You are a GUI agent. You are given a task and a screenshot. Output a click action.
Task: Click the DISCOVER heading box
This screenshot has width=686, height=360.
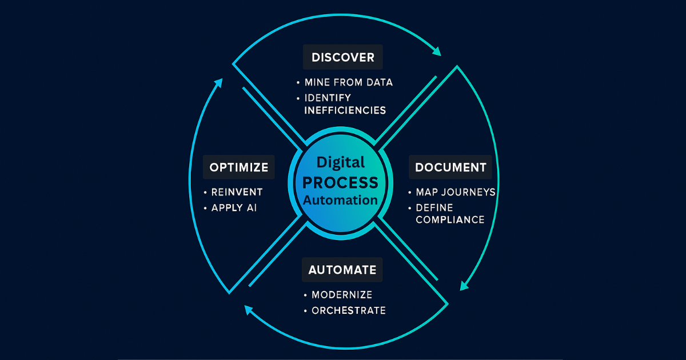342,57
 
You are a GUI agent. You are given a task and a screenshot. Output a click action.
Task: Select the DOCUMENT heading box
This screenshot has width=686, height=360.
450,167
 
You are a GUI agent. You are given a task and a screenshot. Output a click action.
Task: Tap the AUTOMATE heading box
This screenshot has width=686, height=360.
342,270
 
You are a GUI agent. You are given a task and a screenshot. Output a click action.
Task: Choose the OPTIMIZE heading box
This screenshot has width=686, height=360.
238,167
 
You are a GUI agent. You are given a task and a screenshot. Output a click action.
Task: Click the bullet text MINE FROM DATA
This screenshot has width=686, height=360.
348,82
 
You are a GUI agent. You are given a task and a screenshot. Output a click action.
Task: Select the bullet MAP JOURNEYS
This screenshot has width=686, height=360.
455,192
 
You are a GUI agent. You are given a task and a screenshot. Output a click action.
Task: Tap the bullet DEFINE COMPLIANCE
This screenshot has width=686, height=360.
450,213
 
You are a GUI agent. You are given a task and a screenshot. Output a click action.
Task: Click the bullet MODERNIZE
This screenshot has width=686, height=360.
341,295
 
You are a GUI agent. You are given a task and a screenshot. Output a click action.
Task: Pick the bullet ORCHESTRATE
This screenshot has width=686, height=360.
348,311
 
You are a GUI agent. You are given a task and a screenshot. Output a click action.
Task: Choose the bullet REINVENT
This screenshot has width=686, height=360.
237,192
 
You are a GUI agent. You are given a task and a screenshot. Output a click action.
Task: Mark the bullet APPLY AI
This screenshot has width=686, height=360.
234,208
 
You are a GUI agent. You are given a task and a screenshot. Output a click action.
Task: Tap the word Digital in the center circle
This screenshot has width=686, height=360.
341,163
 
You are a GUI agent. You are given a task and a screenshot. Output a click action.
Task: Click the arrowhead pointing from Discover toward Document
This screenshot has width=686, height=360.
437,51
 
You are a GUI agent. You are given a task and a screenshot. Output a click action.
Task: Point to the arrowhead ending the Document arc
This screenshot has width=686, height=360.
465,285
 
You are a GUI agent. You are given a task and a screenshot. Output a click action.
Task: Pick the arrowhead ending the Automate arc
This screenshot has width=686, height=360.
249,309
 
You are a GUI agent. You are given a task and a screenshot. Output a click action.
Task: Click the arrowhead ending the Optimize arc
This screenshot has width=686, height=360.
218,83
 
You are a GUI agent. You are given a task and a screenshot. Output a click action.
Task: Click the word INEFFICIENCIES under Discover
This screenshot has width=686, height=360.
345,110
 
